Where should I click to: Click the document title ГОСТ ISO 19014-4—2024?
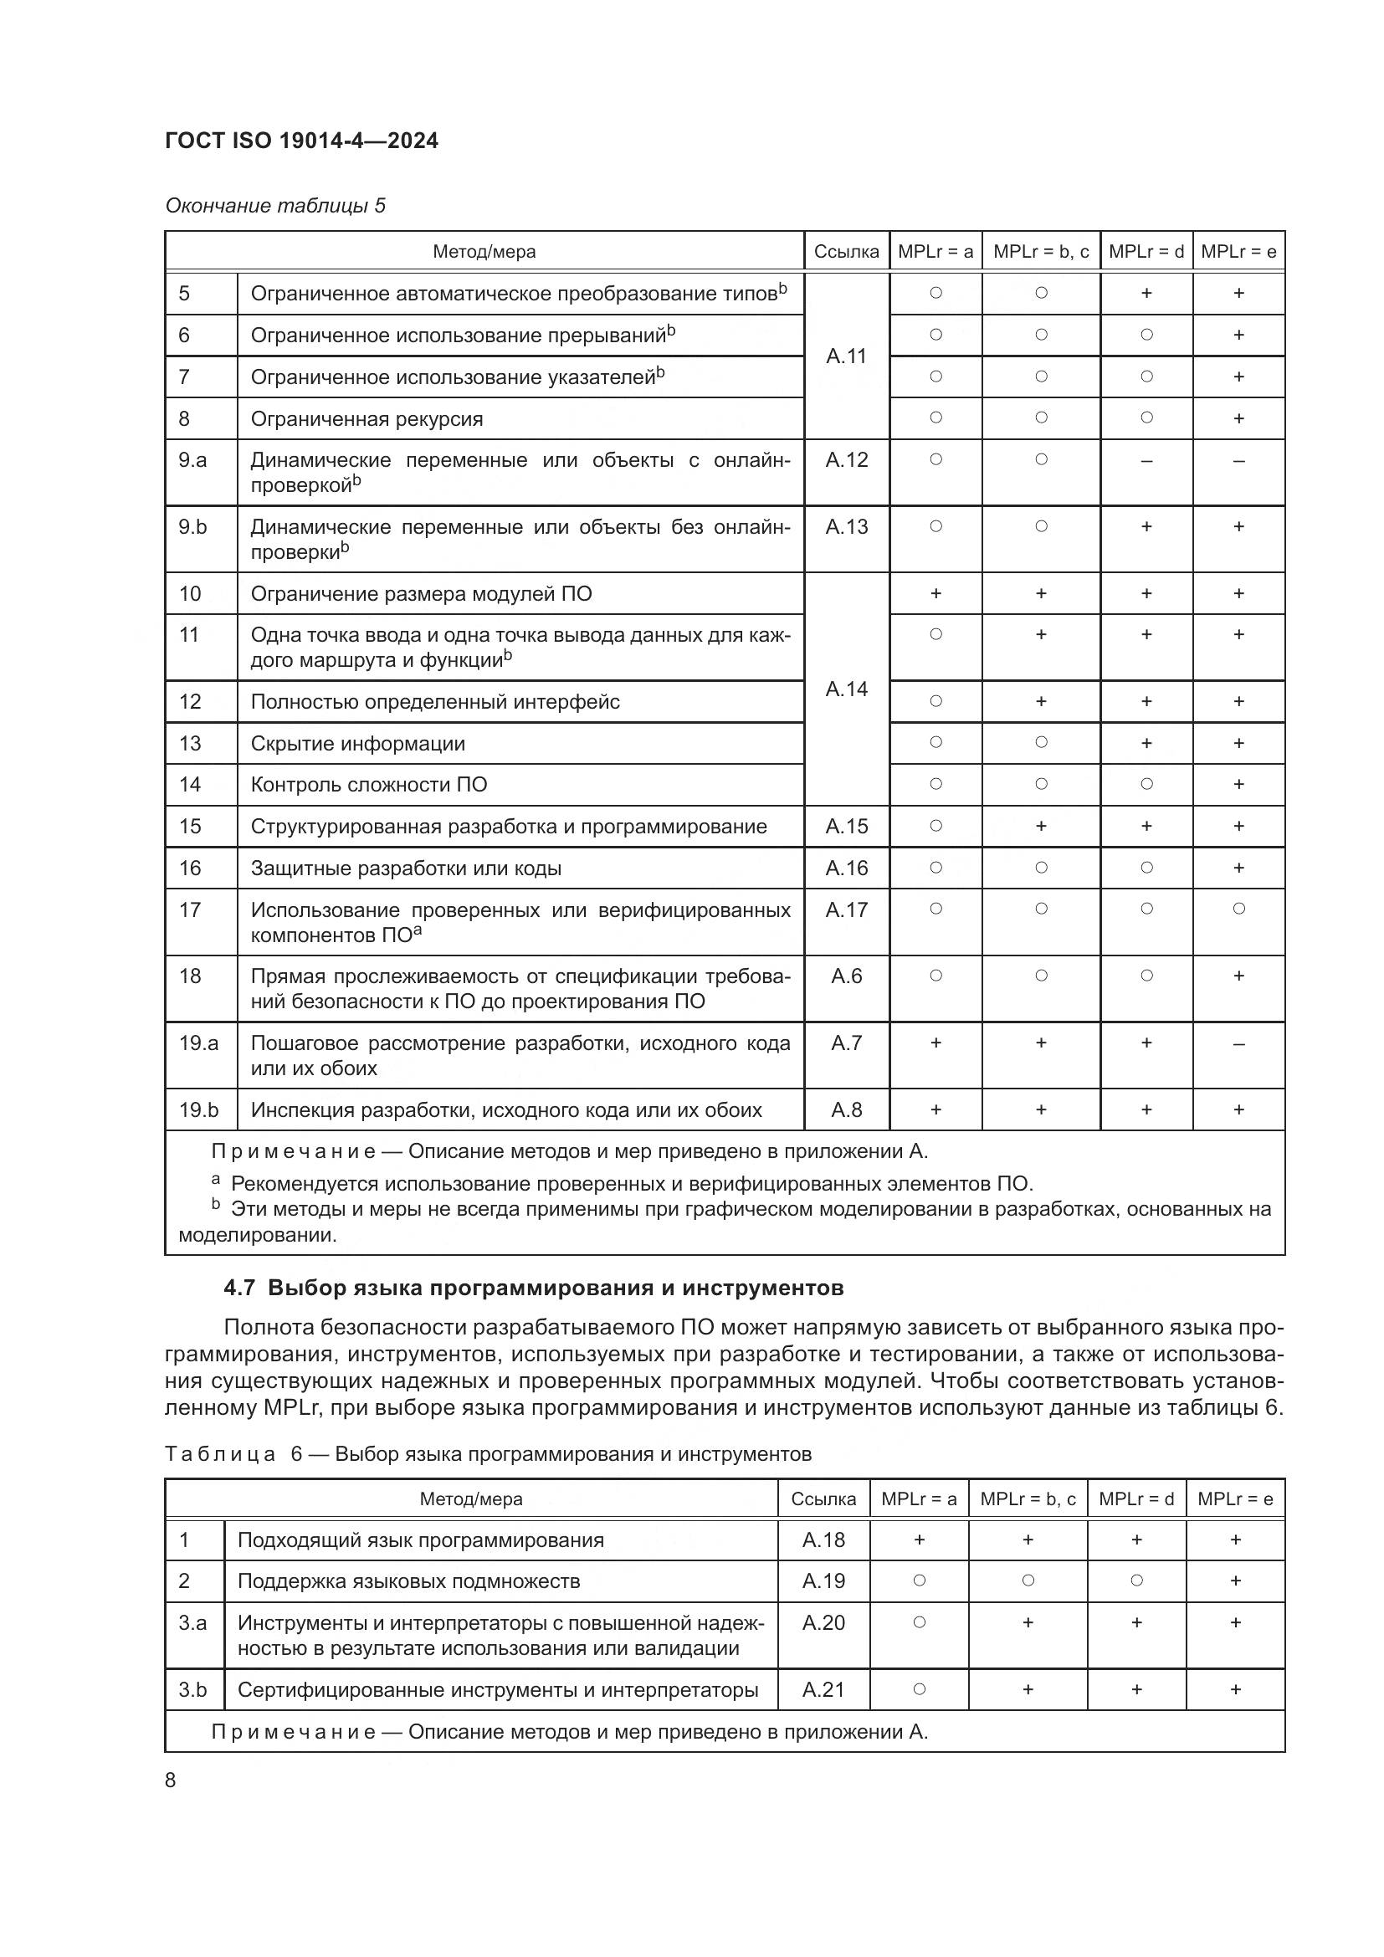tap(301, 141)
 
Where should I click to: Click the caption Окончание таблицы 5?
tap(274, 206)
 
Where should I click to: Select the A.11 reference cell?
tap(845, 356)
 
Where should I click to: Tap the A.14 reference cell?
tap(845, 689)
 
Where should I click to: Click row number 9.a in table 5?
tap(192, 460)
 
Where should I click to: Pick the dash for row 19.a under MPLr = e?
tap(1238, 1043)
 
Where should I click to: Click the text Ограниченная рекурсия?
tap(367, 418)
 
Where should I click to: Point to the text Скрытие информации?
tap(358, 743)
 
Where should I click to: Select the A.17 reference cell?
tap(845, 909)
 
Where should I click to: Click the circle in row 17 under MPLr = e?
tap(1238, 909)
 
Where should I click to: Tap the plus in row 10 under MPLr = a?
tap(935, 593)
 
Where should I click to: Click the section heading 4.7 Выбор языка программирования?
tap(534, 1287)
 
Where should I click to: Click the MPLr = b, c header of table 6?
tap(1027, 1498)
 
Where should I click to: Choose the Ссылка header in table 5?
tap(845, 252)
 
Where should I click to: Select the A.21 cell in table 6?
tap(823, 1689)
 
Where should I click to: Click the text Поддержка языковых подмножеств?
tap(408, 1581)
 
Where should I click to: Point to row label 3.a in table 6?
tap(192, 1623)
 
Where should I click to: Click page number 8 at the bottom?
tap(171, 1780)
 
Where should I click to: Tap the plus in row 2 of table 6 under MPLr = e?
tap(1235, 1581)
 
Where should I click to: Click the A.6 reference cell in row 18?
tap(845, 976)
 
